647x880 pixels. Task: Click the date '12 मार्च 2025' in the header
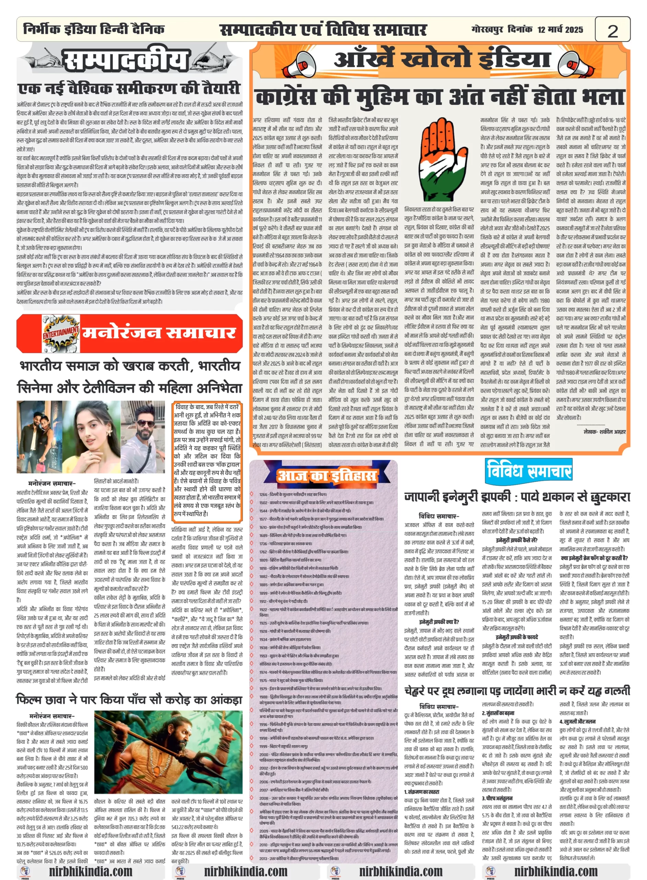(560, 30)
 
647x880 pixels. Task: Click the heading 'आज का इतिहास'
(327, 475)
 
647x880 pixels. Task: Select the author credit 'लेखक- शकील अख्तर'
(604, 431)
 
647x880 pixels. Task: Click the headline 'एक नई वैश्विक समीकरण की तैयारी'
(129, 89)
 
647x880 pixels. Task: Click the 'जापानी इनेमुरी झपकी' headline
(517, 497)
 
